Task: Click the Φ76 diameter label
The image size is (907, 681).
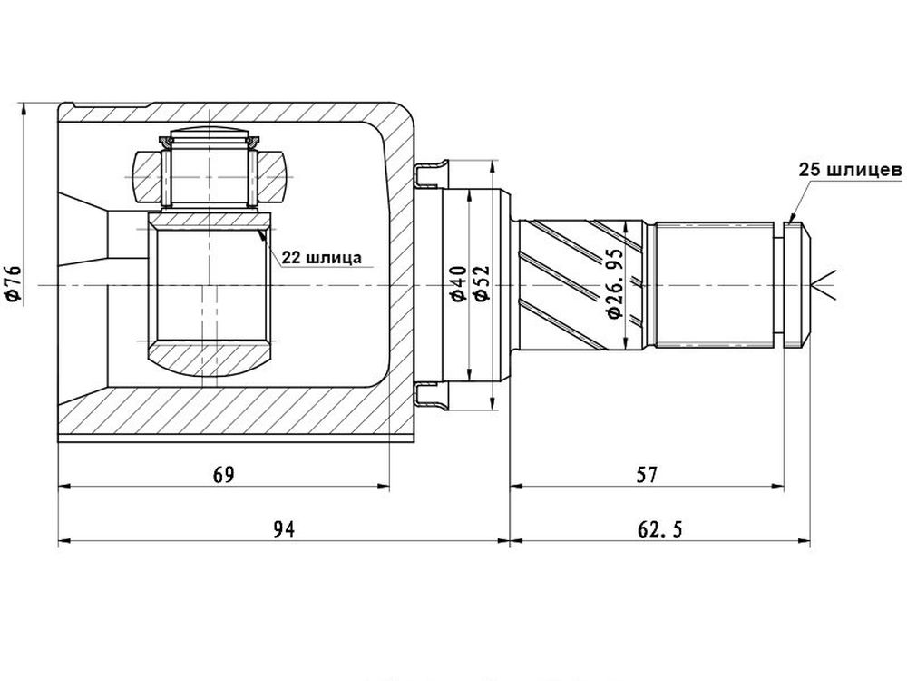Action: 12,283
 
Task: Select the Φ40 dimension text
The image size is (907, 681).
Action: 459,283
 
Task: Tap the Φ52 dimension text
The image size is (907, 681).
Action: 482,283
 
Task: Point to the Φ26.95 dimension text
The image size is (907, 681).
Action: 614,283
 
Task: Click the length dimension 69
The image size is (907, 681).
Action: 224,475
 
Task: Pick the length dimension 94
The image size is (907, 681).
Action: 283,528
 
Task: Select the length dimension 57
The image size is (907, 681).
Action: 647,475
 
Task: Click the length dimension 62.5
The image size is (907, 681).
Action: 659,528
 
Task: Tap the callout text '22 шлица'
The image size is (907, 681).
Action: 322,257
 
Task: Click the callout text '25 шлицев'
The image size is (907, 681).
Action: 851,170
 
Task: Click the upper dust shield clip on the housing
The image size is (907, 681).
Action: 431,173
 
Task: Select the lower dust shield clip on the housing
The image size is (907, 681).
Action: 431,396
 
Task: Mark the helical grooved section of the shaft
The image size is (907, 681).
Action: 581,285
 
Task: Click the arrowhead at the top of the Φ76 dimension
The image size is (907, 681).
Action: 24,110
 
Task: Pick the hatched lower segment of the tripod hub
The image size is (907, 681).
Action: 209,359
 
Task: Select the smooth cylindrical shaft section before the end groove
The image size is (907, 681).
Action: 715,285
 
